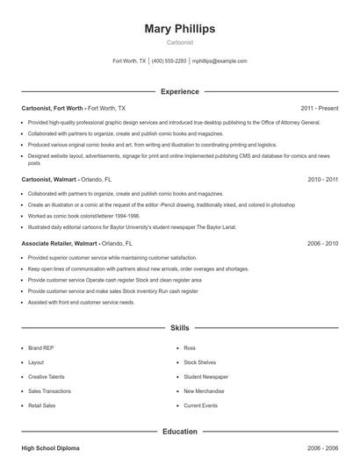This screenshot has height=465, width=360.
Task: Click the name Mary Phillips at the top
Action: pos(180,28)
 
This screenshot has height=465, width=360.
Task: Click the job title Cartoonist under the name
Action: pos(180,42)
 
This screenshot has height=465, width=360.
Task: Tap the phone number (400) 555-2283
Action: pos(169,61)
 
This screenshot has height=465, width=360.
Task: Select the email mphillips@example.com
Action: pos(220,61)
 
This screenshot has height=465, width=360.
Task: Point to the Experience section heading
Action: pos(180,91)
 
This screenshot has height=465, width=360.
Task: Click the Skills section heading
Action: pos(180,327)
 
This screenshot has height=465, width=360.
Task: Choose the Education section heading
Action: pos(180,432)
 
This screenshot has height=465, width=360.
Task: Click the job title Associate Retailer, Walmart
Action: pos(60,242)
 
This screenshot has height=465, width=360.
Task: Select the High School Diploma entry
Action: pos(50,448)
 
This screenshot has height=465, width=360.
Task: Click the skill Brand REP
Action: pos(40,347)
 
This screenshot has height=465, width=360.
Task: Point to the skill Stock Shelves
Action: pos(199,361)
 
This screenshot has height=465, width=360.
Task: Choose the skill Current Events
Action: pos(200,405)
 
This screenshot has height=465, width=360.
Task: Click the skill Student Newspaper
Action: pos(205,376)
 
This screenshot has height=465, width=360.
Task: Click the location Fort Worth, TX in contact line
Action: pos(130,61)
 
